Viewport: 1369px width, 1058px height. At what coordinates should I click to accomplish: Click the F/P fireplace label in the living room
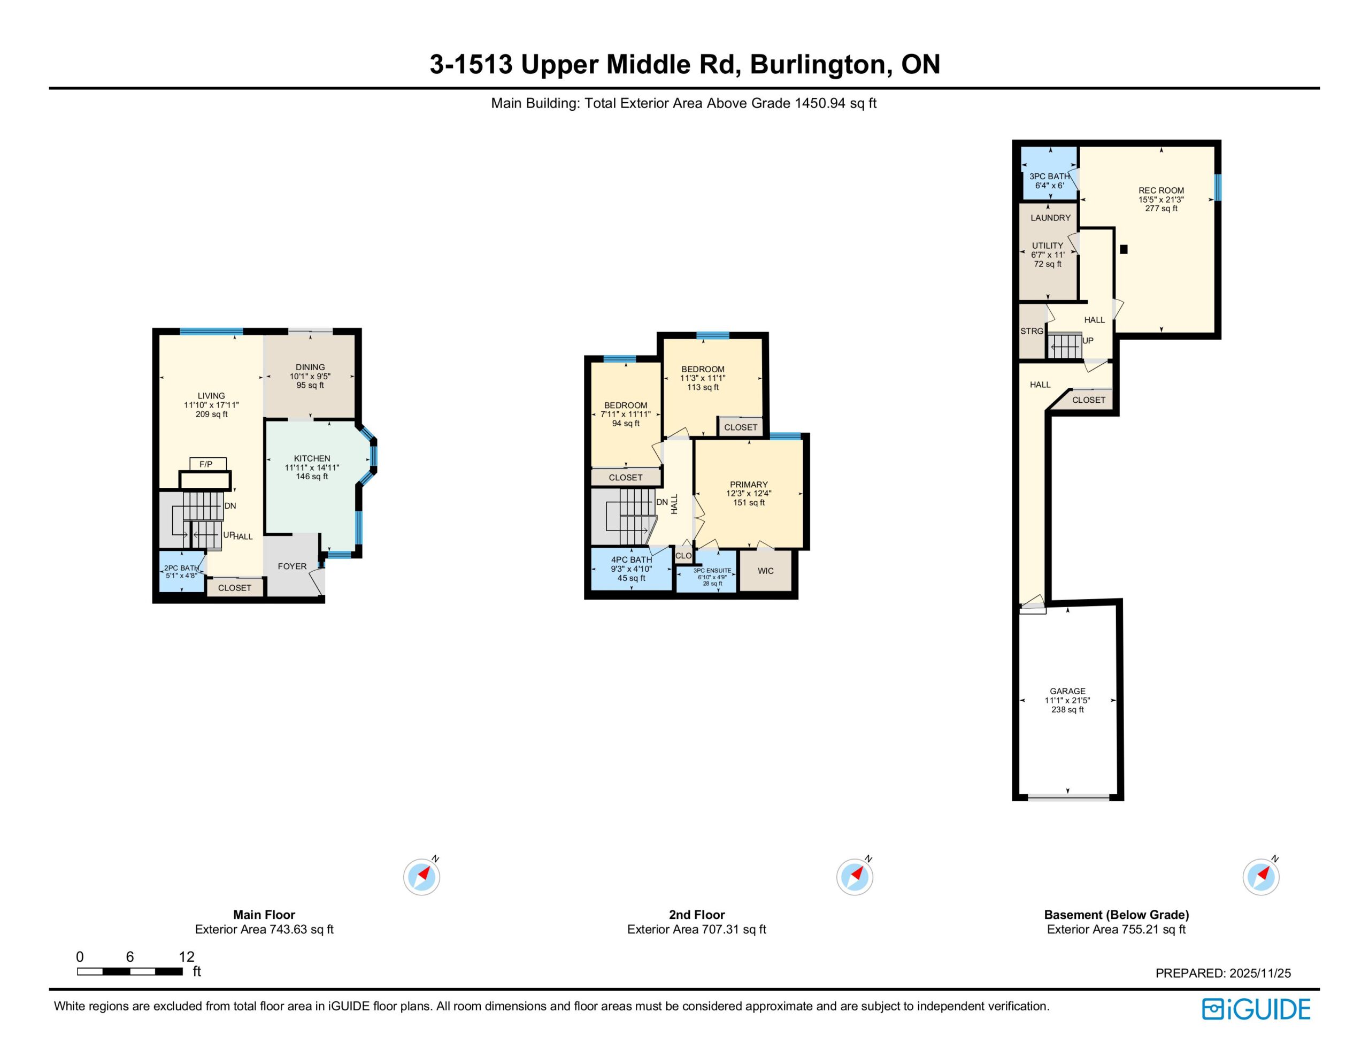205,464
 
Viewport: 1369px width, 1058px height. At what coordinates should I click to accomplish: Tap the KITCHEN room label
312,458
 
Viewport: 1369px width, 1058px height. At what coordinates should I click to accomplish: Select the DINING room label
310,367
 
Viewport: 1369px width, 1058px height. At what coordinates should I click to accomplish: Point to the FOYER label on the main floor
292,566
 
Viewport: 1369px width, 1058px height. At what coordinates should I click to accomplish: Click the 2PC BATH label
181,568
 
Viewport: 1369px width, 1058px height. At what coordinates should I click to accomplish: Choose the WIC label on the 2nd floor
766,571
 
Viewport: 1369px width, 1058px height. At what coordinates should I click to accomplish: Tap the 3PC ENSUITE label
712,571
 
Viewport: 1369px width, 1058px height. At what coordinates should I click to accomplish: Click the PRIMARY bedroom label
749,485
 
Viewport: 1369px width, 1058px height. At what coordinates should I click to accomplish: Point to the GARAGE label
1067,691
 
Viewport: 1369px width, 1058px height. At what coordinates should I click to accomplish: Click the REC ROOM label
1161,190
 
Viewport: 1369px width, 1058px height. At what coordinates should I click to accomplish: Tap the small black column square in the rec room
1124,249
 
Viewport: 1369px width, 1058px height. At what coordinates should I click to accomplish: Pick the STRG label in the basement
1032,331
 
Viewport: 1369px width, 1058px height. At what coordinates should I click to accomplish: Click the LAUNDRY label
1051,218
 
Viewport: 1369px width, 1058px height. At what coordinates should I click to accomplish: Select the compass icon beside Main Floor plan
422,876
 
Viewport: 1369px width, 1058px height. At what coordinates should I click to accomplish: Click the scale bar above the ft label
130,971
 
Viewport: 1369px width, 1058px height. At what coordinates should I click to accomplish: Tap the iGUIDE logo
1256,1010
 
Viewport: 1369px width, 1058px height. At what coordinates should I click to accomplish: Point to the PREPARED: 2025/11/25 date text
1223,973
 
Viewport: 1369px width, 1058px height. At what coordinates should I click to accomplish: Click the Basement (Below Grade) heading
1117,915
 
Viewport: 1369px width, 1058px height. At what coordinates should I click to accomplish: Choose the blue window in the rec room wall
1218,188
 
